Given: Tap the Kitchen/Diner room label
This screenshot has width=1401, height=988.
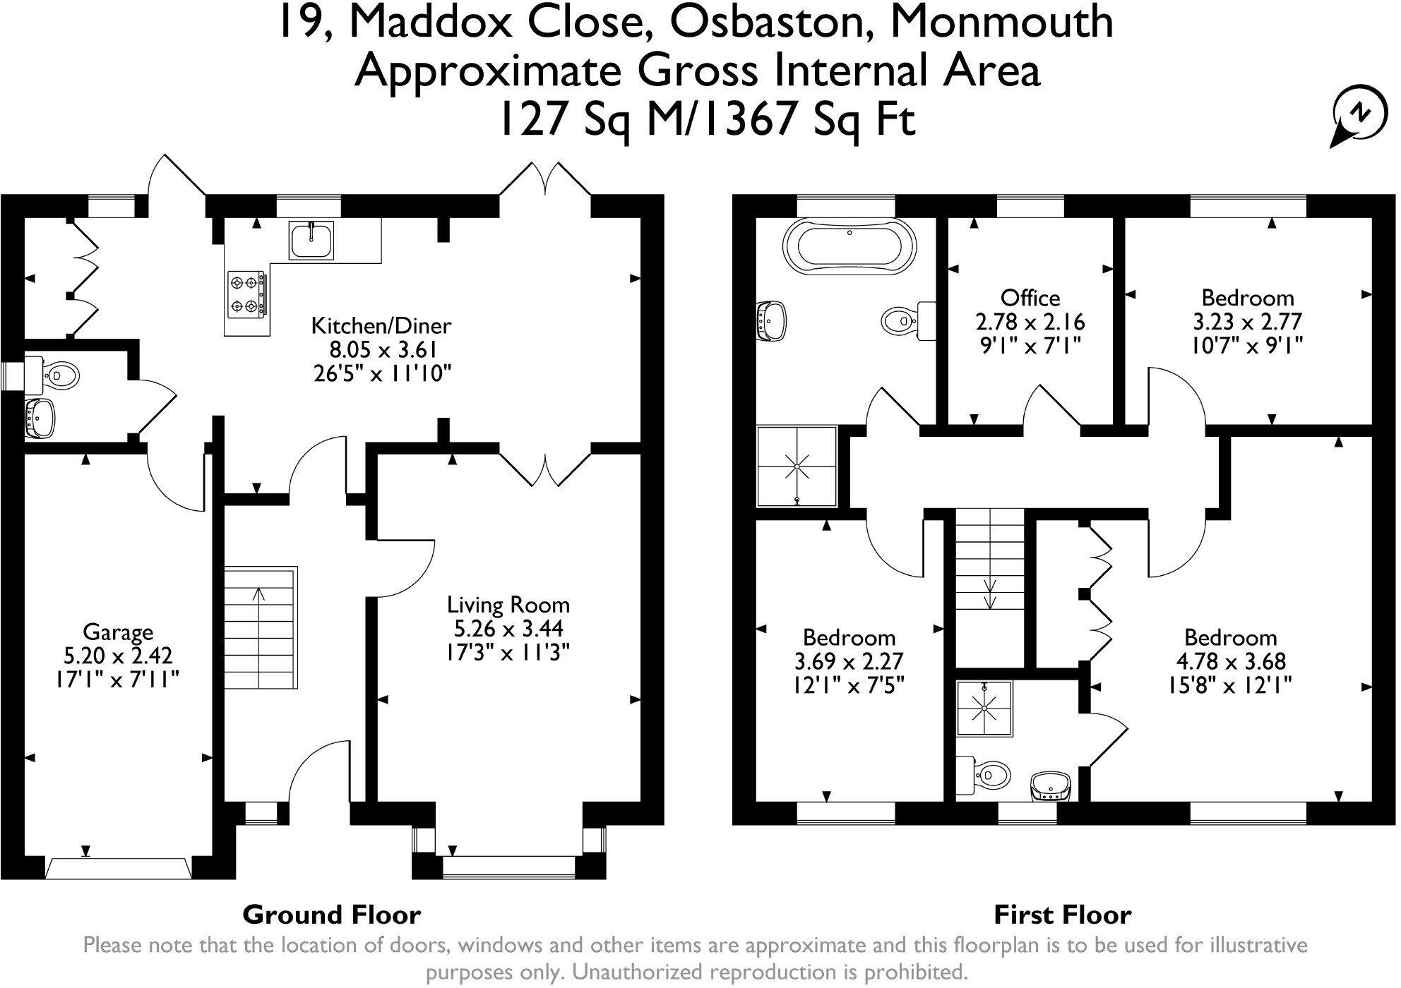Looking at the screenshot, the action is click(381, 326).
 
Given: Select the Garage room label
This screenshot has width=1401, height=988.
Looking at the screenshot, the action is click(118, 632).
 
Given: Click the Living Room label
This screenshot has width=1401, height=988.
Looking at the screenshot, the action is click(508, 605).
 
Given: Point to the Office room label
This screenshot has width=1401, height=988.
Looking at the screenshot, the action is click(1030, 298).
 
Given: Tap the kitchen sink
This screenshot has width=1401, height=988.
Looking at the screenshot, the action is click(311, 239).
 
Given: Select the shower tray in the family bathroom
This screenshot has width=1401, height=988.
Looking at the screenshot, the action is click(797, 466).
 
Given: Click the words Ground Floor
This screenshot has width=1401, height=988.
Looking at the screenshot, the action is click(331, 915).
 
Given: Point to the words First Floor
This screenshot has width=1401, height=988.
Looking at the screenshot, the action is click(1062, 915).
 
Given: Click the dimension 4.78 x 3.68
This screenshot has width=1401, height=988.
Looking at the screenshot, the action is click(1230, 661).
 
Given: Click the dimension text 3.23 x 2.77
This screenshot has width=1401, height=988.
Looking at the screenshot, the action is click(1247, 322).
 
